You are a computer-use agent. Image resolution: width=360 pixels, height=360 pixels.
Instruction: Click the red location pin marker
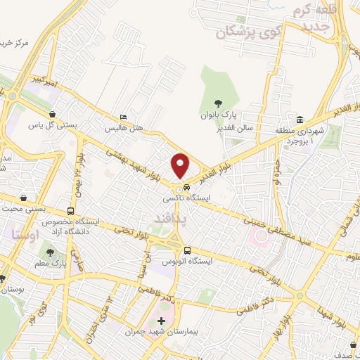pos(181,166)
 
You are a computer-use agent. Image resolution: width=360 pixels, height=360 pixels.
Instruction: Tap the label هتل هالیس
pos(124,129)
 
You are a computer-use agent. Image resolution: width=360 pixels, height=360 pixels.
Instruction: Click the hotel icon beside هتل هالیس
pos(124,117)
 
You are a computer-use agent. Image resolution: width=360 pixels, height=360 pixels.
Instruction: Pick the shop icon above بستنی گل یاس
pos(51,114)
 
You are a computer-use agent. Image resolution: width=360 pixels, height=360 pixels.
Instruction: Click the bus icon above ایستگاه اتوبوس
pos(187,250)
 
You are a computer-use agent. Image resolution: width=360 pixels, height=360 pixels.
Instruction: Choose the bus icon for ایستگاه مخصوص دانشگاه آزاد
pos(70,210)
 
